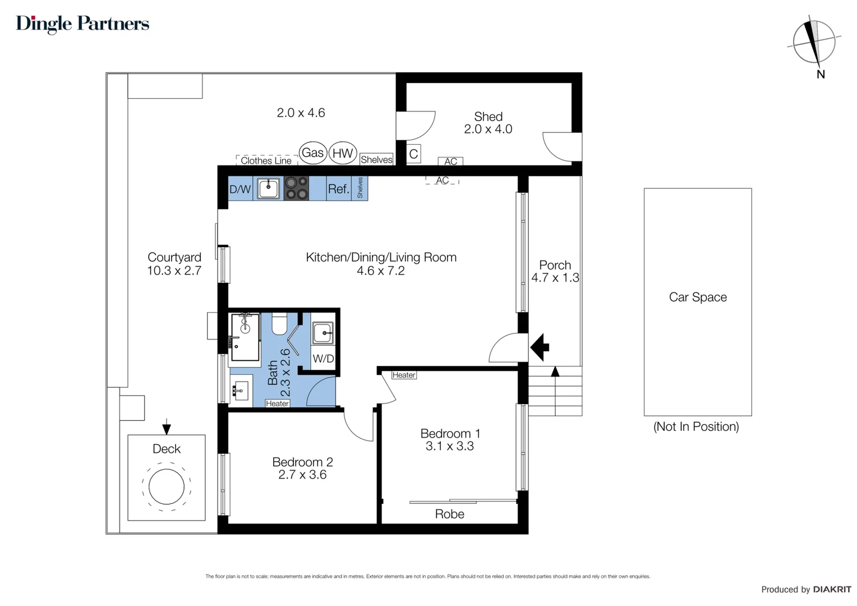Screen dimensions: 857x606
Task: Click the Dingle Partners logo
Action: pyautogui.click(x=82, y=24)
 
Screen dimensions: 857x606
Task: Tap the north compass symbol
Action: pyautogui.click(x=814, y=43)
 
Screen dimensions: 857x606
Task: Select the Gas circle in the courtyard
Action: pyautogui.click(x=312, y=153)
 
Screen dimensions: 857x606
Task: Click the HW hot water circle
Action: pyautogui.click(x=343, y=153)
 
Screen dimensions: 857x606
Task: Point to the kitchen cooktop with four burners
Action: pyautogui.click(x=297, y=188)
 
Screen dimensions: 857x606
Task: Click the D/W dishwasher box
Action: pyautogui.click(x=240, y=189)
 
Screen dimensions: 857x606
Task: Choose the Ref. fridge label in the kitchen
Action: pyautogui.click(x=339, y=189)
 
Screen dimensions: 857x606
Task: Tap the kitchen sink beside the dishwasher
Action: pyautogui.click(x=268, y=189)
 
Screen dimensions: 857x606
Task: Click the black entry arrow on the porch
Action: pyautogui.click(x=540, y=347)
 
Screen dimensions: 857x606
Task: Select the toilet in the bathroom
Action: pyautogui.click(x=280, y=324)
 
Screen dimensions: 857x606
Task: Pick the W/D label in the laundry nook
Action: pyautogui.click(x=323, y=359)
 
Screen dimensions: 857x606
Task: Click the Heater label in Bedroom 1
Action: pyautogui.click(x=404, y=375)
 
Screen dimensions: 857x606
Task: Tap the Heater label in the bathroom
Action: pyautogui.click(x=278, y=403)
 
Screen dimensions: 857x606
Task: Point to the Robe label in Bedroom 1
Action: pyautogui.click(x=450, y=514)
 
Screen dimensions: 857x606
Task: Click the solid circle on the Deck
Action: pyautogui.click(x=167, y=486)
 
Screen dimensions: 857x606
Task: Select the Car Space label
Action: pyautogui.click(x=698, y=297)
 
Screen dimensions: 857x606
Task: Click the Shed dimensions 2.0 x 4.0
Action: pyautogui.click(x=488, y=129)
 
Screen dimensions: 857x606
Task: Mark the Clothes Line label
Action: pyautogui.click(x=266, y=160)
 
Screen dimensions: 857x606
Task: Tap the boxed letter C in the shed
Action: pyautogui.click(x=413, y=154)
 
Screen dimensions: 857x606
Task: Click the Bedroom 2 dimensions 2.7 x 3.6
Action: pyautogui.click(x=302, y=475)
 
